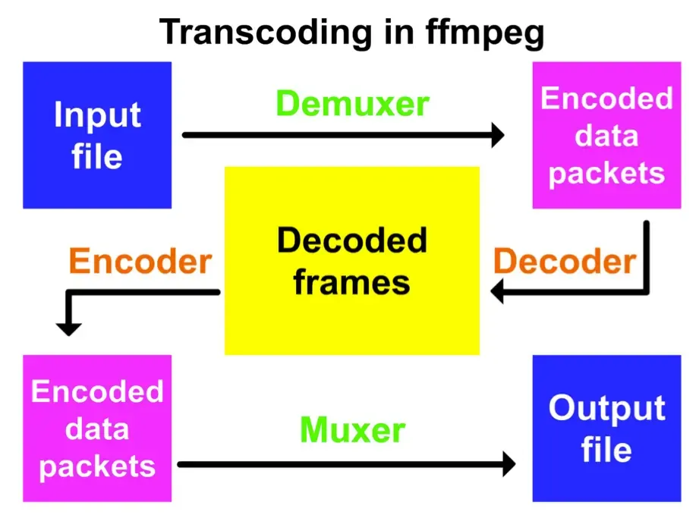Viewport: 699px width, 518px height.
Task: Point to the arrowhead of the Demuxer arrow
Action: (x=497, y=136)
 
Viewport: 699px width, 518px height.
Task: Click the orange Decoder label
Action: (x=565, y=262)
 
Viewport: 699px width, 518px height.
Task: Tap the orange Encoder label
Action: (x=140, y=262)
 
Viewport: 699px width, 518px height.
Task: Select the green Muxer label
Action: (x=352, y=430)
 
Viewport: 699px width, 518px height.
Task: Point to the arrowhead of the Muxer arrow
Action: (x=508, y=463)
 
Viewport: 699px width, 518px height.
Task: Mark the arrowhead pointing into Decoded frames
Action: (x=498, y=291)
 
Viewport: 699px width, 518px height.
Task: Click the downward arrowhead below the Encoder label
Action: (x=68, y=327)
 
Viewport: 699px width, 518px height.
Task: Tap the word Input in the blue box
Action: (x=97, y=115)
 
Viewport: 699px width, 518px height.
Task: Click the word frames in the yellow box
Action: (x=352, y=282)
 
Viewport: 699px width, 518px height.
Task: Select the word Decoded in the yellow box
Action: (x=352, y=241)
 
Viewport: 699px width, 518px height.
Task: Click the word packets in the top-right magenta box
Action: (x=606, y=173)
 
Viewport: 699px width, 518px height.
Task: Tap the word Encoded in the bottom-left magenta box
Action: (x=97, y=391)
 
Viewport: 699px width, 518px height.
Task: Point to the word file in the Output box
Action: (x=606, y=449)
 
